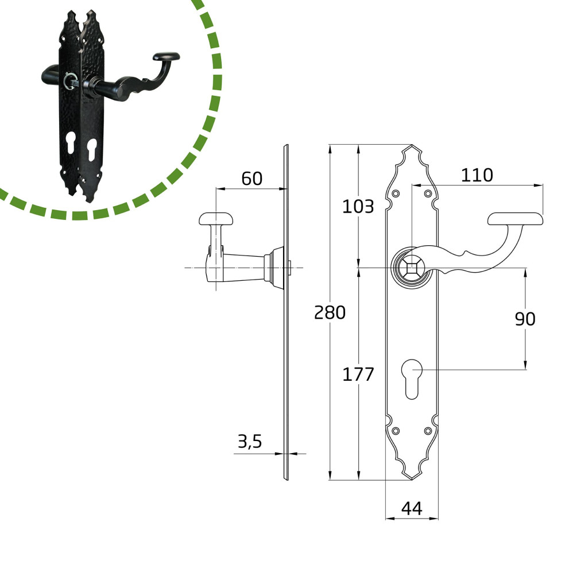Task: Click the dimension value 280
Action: coord(330,312)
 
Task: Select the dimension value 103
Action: coord(358,207)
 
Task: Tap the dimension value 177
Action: coord(358,374)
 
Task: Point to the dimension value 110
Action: coord(477,175)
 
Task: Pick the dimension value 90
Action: coord(525,319)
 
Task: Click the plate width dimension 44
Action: coord(412,509)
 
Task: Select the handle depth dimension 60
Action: coord(252,179)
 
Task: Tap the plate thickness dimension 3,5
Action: coord(250,442)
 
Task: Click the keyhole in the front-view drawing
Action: coord(412,379)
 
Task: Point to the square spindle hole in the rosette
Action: coord(412,268)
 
